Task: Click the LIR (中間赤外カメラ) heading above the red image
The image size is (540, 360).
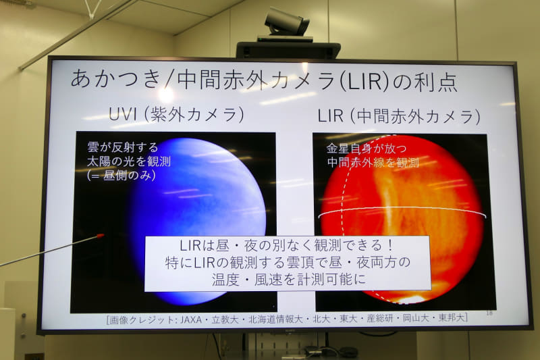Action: (x=399, y=116)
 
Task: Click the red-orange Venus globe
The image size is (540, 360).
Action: (x=405, y=203)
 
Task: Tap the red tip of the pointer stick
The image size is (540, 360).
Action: (x=101, y=236)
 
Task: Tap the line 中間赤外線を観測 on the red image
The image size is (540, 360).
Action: (x=373, y=162)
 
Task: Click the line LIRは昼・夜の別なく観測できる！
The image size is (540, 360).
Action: (x=288, y=247)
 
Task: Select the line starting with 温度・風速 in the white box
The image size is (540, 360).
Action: (x=286, y=277)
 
